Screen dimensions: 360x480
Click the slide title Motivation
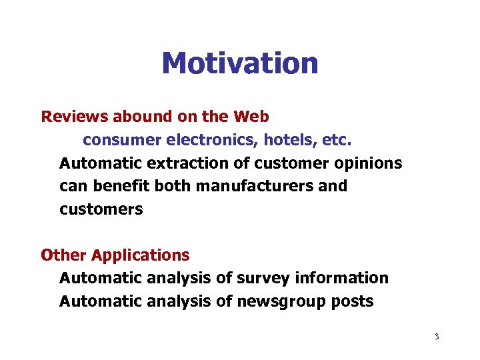(x=240, y=63)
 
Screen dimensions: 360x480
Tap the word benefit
(x=124, y=186)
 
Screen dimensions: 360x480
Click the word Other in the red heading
(x=63, y=255)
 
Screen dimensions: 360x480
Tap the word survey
(x=263, y=278)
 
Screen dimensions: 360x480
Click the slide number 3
(x=437, y=337)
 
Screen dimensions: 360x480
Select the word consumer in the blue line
(x=122, y=141)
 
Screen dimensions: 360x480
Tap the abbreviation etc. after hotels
(x=337, y=141)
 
